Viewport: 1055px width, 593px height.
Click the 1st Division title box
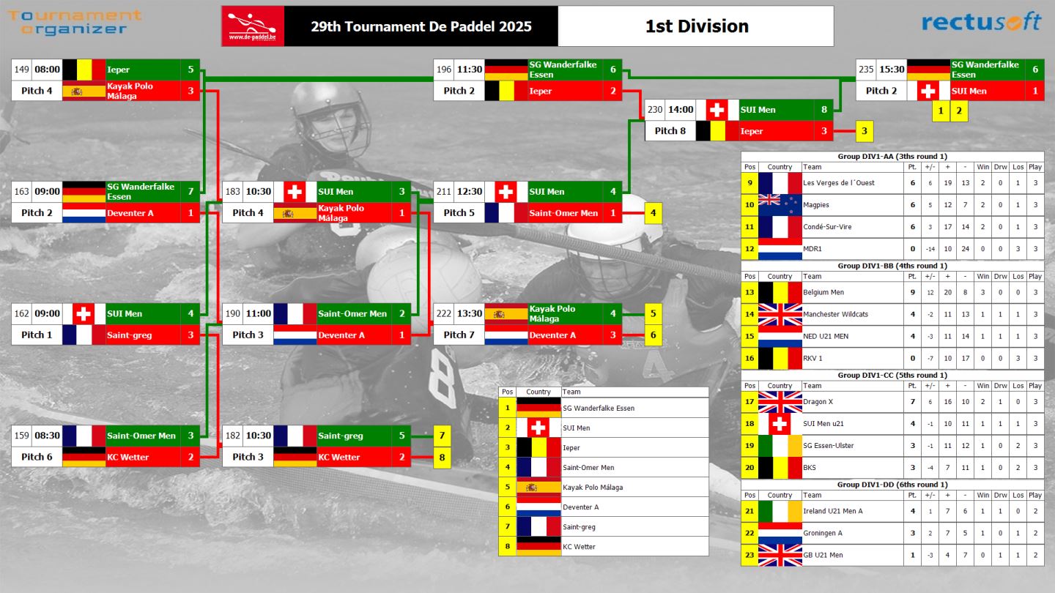(696, 26)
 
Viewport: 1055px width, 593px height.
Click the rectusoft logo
(982, 22)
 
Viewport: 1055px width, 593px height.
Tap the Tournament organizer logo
(75, 22)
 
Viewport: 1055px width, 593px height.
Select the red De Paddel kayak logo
(253, 26)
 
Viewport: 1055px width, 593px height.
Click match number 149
(22, 69)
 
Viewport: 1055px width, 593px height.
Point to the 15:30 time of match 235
(892, 69)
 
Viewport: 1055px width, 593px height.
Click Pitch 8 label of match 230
(670, 131)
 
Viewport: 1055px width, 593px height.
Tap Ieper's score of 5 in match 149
(190, 69)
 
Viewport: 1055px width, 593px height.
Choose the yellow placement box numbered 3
(865, 131)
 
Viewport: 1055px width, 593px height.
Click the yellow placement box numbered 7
(442, 436)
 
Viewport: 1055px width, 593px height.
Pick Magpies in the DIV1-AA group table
(815, 205)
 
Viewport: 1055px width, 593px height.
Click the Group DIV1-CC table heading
(892, 375)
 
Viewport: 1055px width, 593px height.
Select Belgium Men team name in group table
(823, 292)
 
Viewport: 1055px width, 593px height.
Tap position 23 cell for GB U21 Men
(749, 555)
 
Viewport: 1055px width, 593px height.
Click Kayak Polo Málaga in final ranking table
(593, 487)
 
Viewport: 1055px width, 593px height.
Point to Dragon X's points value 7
(912, 401)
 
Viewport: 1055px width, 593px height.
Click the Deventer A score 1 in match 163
(190, 213)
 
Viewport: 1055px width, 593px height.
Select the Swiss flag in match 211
(506, 192)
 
